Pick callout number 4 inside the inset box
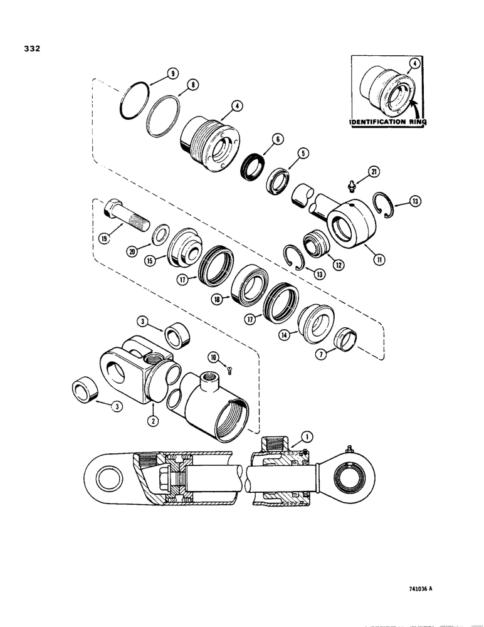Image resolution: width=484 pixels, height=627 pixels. coord(414,63)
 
